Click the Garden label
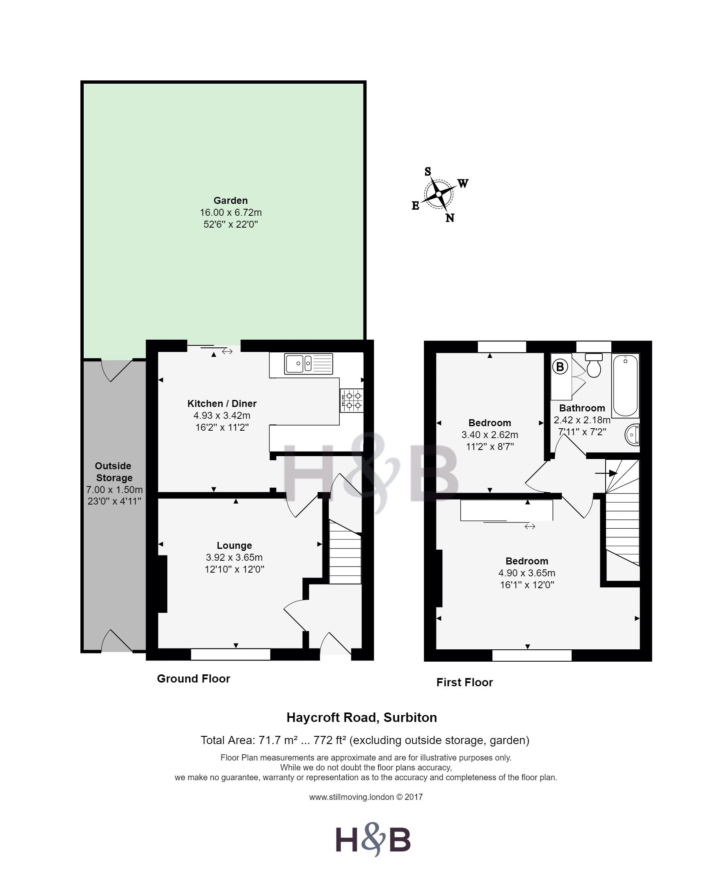(x=231, y=201)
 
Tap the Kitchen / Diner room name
(x=222, y=403)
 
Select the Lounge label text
(x=234, y=545)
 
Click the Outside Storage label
(x=114, y=472)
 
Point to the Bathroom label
(x=582, y=408)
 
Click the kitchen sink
(x=309, y=363)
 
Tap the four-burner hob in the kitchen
(x=352, y=400)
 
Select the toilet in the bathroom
(x=593, y=365)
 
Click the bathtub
(x=625, y=385)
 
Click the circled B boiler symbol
(x=560, y=367)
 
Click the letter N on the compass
(x=450, y=218)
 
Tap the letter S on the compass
(x=428, y=171)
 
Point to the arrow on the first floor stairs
(x=606, y=473)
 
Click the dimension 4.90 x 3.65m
(x=527, y=573)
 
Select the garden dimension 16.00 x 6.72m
(x=231, y=212)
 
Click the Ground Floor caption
(x=193, y=678)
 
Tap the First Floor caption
(x=464, y=682)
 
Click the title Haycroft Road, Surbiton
(x=361, y=717)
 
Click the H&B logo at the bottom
(x=373, y=839)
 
